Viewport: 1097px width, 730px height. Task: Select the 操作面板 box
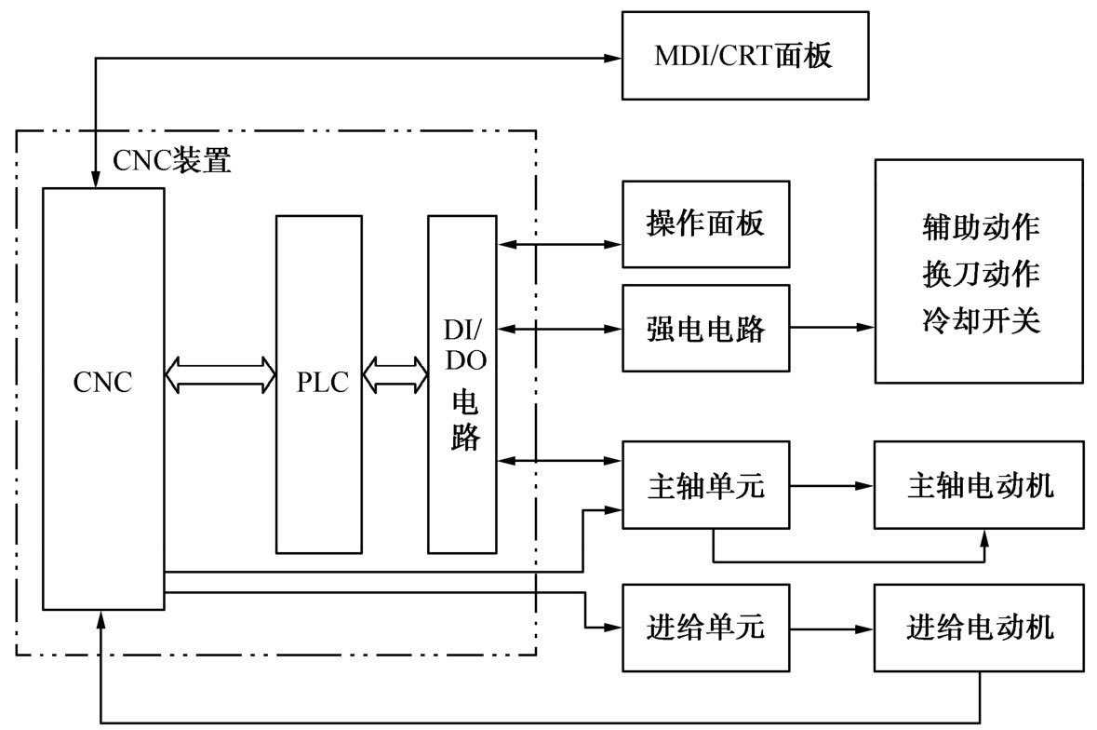(705, 223)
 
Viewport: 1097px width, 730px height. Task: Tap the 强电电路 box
(705, 328)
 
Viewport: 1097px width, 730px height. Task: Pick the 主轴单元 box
(705, 486)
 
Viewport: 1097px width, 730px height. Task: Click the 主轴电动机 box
(979, 486)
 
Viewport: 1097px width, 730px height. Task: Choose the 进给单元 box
(705, 628)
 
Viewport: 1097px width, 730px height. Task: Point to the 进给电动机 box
(979, 628)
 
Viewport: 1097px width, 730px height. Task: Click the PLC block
(318, 384)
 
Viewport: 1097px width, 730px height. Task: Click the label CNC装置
(171, 160)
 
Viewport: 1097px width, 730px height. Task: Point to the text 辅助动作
(980, 226)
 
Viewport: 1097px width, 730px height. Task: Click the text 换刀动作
(980, 275)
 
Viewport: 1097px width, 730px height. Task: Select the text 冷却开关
(980, 321)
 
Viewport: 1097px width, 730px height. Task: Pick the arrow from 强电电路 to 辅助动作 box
(832, 328)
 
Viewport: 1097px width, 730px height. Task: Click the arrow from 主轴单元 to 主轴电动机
(832, 486)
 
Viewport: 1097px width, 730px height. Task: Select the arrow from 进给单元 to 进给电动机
(832, 628)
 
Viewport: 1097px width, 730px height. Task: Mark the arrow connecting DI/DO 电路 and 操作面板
(561, 245)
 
